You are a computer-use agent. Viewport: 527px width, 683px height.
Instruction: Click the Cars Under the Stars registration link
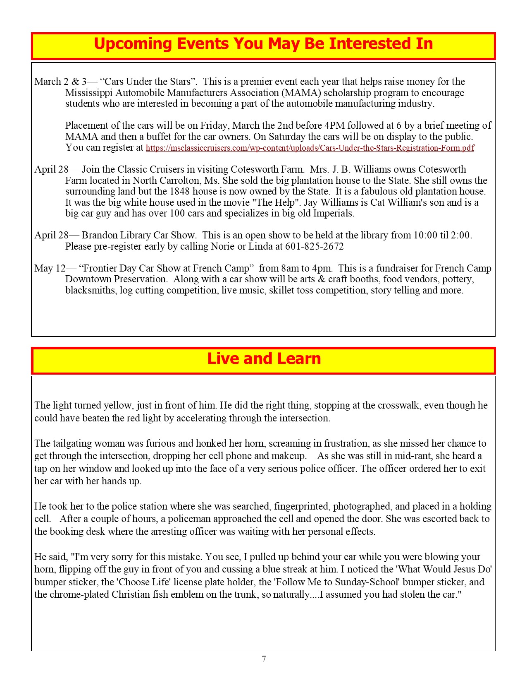tap(310, 148)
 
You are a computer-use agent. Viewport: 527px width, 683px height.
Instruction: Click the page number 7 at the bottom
tap(264, 659)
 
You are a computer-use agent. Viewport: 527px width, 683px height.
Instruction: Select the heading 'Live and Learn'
tap(264, 358)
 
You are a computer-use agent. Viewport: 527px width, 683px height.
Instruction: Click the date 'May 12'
tap(50, 268)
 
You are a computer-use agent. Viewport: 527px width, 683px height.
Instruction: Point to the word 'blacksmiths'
tap(91, 290)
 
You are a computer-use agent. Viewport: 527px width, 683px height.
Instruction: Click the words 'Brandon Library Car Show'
tap(138, 235)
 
